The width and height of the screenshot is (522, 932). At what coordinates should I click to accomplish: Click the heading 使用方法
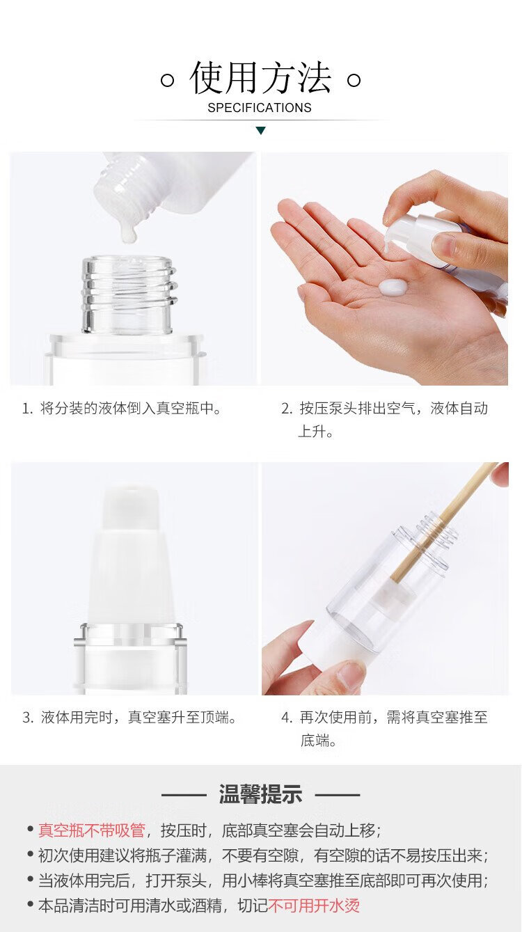(260, 77)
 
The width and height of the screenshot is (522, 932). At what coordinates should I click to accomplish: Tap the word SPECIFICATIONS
(260, 108)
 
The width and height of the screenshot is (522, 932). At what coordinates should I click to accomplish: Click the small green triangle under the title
(261, 131)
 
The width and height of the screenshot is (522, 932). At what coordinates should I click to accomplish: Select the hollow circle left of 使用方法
(167, 80)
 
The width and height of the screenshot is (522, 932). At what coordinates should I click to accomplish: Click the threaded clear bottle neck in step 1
(127, 294)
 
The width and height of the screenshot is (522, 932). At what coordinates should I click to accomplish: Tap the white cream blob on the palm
(393, 287)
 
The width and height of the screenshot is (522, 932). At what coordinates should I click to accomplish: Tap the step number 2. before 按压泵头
(287, 409)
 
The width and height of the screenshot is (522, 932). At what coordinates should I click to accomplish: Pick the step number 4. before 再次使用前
(287, 718)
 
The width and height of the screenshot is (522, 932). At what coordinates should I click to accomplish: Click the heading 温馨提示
(260, 794)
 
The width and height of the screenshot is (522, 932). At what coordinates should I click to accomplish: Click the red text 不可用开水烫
(314, 906)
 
